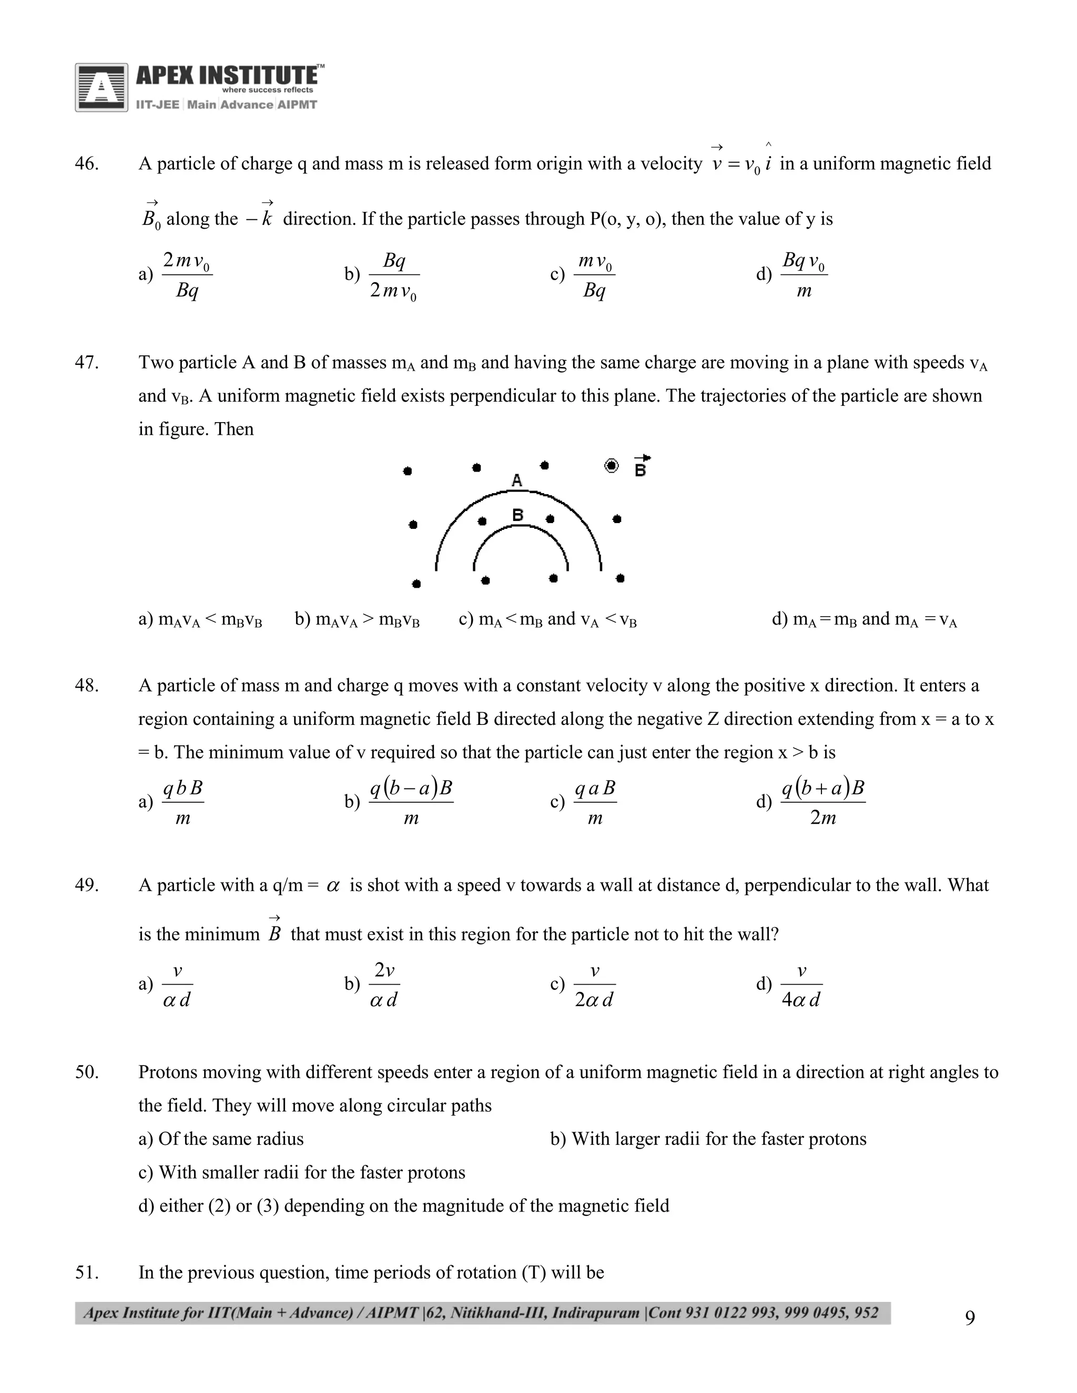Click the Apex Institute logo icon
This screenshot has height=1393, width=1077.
[x=101, y=87]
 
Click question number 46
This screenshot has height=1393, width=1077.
[x=86, y=164]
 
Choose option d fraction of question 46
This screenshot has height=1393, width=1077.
[x=804, y=275]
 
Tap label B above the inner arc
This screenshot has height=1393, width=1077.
[x=518, y=515]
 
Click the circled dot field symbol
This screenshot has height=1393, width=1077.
[x=611, y=466]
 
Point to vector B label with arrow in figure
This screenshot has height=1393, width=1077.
[x=641, y=467]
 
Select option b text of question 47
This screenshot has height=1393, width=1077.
[x=357, y=619]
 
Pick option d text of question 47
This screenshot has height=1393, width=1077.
[x=864, y=619]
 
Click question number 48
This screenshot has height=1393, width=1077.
[x=86, y=685]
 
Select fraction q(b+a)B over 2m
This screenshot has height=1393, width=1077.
[x=823, y=802]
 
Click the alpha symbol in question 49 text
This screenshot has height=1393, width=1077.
[x=333, y=885]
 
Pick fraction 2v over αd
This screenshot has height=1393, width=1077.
[x=384, y=985]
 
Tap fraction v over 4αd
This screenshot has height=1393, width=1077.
[x=801, y=985]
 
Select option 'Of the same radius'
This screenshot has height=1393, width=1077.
[x=221, y=1139]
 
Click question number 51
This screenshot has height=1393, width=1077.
[x=86, y=1273]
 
